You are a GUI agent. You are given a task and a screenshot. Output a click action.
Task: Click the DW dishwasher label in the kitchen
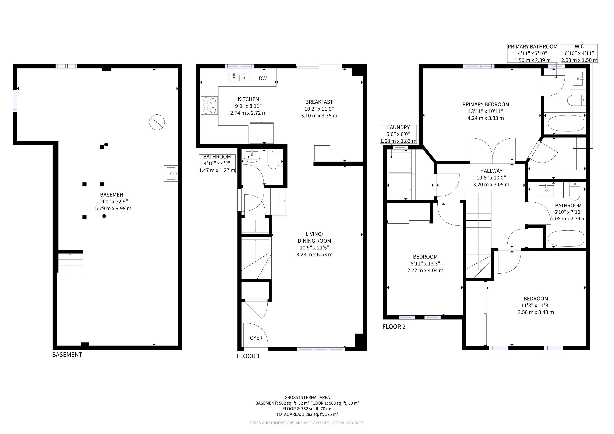point(263,78)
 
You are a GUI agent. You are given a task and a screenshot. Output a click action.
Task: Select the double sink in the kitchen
point(239,78)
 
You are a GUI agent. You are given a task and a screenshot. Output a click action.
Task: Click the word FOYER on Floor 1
point(255,338)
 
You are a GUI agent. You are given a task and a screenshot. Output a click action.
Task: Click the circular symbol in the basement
point(157,122)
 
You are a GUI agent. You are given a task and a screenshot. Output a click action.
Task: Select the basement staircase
point(70,262)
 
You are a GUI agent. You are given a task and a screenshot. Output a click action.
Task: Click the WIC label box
point(579,53)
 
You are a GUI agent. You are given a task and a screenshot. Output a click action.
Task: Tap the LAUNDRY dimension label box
point(398,134)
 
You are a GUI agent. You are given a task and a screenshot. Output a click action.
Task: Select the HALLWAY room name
point(491,171)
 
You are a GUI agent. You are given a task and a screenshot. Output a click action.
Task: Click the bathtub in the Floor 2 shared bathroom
point(566,239)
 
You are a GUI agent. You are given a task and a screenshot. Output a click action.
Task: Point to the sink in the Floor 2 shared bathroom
point(546,190)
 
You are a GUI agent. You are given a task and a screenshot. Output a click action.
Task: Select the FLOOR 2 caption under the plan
point(394,327)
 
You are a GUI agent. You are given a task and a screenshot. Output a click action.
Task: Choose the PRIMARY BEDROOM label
point(486,104)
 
